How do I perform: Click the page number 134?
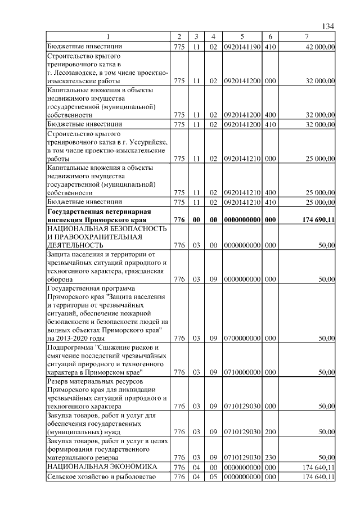click(x=328, y=26)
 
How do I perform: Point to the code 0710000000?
click(x=241, y=372)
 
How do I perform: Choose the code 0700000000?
click(x=241, y=339)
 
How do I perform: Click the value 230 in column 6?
click(x=269, y=458)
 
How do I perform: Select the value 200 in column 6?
click(x=269, y=432)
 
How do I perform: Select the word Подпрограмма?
click(x=69, y=347)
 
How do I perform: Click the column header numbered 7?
click(x=306, y=37)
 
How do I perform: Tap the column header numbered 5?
click(x=241, y=37)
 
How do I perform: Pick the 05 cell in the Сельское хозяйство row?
click(x=213, y=478)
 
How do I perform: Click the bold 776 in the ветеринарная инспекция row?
click(x=179, y=219)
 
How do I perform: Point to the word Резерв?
click(x=58, y=381)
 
